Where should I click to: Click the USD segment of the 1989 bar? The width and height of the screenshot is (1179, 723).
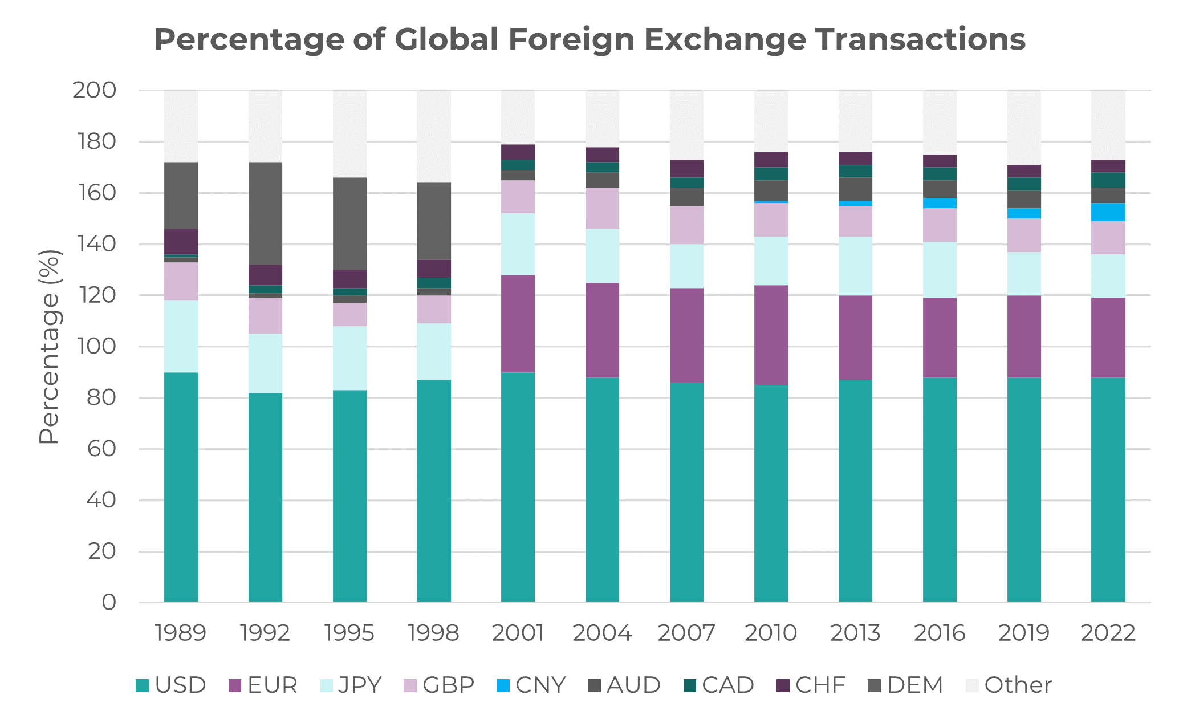181,487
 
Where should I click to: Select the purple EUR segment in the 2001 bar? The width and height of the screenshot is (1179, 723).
518,323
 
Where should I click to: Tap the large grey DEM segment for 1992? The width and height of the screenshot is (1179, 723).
265,213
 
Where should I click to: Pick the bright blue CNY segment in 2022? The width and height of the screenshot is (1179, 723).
1108,212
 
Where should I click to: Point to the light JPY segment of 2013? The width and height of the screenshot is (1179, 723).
855,266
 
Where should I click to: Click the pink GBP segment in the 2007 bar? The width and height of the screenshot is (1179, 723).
686,225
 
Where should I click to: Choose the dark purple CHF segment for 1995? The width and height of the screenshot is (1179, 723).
349,279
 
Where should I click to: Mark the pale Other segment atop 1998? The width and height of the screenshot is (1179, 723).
433,136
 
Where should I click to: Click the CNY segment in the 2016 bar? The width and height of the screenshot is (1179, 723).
940,203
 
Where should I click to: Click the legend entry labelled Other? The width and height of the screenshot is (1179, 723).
1009,685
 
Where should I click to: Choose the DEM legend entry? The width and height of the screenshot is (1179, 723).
906,685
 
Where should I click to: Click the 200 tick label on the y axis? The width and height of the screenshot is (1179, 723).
94,90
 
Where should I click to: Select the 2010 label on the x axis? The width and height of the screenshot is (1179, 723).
770,633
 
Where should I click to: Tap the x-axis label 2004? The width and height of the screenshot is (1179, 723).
602,633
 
